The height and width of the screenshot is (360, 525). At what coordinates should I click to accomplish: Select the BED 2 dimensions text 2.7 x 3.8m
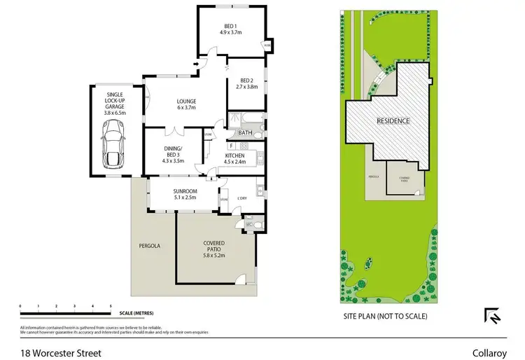point(247,88)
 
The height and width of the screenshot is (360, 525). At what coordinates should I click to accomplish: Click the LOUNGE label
point(185,100)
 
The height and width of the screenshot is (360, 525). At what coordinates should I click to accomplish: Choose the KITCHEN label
point(234,155)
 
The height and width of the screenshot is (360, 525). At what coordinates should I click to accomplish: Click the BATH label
point(245,132)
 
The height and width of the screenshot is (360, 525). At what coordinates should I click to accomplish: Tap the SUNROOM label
point(185,191)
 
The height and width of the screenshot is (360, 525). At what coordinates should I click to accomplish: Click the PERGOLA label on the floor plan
point(150,246)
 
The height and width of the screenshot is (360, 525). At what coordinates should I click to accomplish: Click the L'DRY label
point(242,198)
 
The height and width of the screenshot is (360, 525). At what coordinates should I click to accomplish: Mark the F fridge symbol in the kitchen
point(231,146)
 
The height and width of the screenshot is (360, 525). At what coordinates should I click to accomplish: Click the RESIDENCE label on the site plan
point(393,121)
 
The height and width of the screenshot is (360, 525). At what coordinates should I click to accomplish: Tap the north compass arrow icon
point(493,317)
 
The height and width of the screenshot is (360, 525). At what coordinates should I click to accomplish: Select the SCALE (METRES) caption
point(136,313)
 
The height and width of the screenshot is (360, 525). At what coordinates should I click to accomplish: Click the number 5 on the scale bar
point(111,306)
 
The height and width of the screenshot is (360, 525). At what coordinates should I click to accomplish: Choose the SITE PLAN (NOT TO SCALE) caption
point(384,317)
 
